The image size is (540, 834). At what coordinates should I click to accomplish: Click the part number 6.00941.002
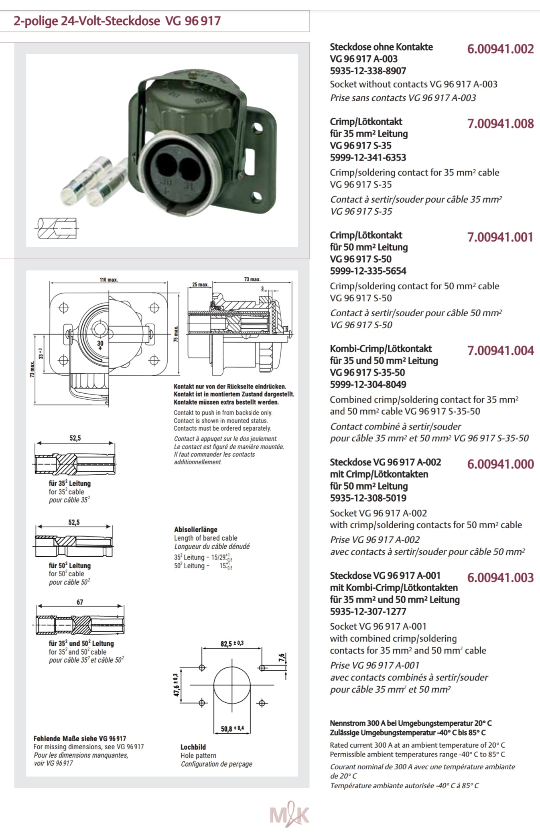500,49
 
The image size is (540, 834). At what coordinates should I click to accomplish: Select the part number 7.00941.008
500,124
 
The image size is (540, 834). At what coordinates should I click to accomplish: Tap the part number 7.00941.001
500,237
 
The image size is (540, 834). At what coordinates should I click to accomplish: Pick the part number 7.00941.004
500,351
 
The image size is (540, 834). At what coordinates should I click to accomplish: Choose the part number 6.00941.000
500,464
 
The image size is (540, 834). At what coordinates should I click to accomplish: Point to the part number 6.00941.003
500,578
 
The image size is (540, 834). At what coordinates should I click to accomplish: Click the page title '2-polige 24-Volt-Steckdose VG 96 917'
117,21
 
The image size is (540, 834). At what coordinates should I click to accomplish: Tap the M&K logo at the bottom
289,815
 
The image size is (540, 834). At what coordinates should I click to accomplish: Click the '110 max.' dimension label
109,280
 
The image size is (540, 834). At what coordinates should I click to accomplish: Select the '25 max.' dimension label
200,285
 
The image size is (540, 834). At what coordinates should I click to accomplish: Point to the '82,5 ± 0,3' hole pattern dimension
232,644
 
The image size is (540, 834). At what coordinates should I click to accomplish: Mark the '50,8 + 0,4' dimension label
232,728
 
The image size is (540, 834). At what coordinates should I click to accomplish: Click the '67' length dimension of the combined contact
80,602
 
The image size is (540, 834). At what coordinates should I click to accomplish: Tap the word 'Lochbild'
193,747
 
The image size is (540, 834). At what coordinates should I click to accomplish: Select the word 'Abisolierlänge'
196,529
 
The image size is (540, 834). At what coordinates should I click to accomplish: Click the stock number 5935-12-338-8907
368,71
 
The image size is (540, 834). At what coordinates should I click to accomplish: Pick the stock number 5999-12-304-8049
368,384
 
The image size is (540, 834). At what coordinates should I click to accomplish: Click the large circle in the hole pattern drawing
232,685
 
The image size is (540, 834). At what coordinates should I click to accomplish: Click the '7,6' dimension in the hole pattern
282,658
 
